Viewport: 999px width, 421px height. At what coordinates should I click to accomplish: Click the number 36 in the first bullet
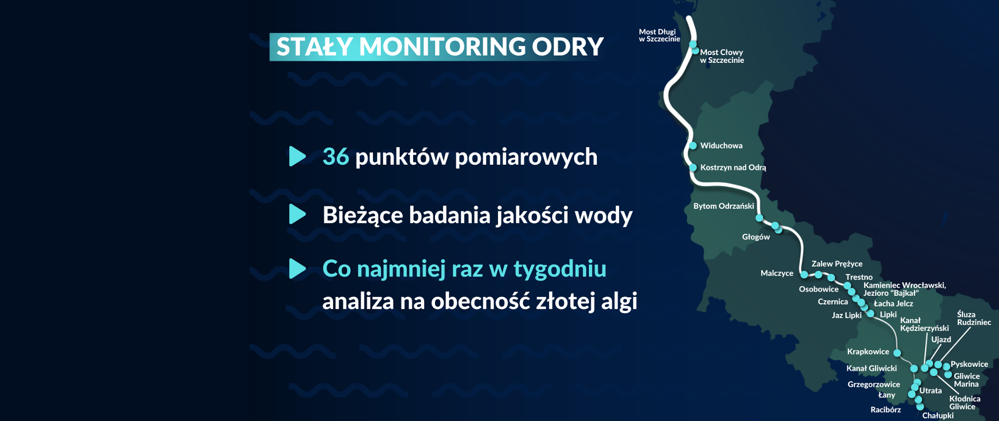point(336,156)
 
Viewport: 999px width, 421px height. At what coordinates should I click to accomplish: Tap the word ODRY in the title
point(568,47)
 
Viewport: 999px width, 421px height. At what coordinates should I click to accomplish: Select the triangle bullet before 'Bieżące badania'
point(297,214)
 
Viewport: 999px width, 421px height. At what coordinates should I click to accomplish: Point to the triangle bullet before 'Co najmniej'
point(297,268)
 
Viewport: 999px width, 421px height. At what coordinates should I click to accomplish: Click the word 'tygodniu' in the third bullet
point(560,269)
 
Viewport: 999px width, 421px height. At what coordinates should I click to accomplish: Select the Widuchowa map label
point(721,146)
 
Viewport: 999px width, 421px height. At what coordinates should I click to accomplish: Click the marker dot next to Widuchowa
point(693,146)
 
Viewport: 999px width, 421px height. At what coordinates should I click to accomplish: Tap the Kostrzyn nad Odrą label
point(733,167)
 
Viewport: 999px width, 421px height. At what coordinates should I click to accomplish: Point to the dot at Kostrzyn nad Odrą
point(693,167)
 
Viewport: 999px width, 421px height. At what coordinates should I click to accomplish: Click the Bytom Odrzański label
point(723,206)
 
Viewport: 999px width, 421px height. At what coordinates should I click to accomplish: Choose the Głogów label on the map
point(755,237)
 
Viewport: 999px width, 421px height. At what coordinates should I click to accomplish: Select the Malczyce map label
point(776,273)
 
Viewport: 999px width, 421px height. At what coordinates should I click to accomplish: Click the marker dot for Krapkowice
point(897,353)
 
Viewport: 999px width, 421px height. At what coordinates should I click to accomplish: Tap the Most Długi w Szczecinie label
point(659,35)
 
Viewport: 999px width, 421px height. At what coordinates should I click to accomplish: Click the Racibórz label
point(886,410)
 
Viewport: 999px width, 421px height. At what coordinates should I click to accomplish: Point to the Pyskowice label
point(969,364)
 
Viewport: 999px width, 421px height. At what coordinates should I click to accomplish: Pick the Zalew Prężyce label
point(837,264)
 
